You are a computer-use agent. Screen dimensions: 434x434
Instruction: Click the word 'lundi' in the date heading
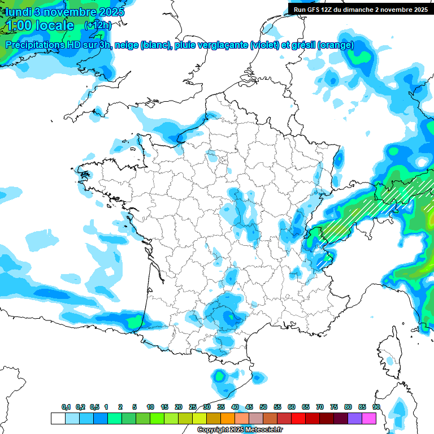19,12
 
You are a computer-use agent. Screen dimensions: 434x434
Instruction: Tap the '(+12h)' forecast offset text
97,25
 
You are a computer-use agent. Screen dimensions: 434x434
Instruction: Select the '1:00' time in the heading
19,25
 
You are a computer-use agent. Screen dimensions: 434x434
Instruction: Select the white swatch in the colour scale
58,419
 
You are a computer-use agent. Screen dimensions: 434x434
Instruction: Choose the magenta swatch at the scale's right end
369,419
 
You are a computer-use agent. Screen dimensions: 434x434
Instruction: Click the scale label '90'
376,407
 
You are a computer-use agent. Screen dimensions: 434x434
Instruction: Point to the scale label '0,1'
66,407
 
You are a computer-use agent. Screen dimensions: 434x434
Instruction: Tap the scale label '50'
263,407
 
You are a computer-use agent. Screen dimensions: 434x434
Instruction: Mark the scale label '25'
193,407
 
